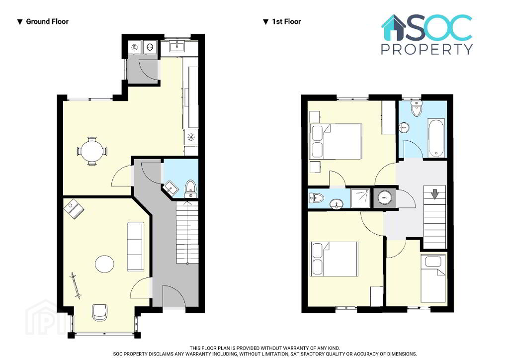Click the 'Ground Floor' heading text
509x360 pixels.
click(x=47, y=22)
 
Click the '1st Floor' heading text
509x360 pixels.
click(x=286, y=22)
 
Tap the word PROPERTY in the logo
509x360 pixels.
click(x=427, y=49)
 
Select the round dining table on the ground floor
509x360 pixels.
click(x=92, y=151)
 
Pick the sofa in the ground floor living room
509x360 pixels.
click(x=135, y=247)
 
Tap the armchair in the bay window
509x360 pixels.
click(x=100, y=312)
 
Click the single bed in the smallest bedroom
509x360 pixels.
click(x=433, y=278)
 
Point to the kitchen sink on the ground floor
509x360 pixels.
click(x=177, y=46)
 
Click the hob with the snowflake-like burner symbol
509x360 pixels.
click(x=191, y=137)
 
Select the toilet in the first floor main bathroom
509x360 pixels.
click(x=416, y=108)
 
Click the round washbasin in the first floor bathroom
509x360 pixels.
click(x=405, y=128)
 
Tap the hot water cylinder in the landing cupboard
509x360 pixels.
click(x=385, y=197)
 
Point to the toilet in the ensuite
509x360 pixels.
click(x=316, y=198)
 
